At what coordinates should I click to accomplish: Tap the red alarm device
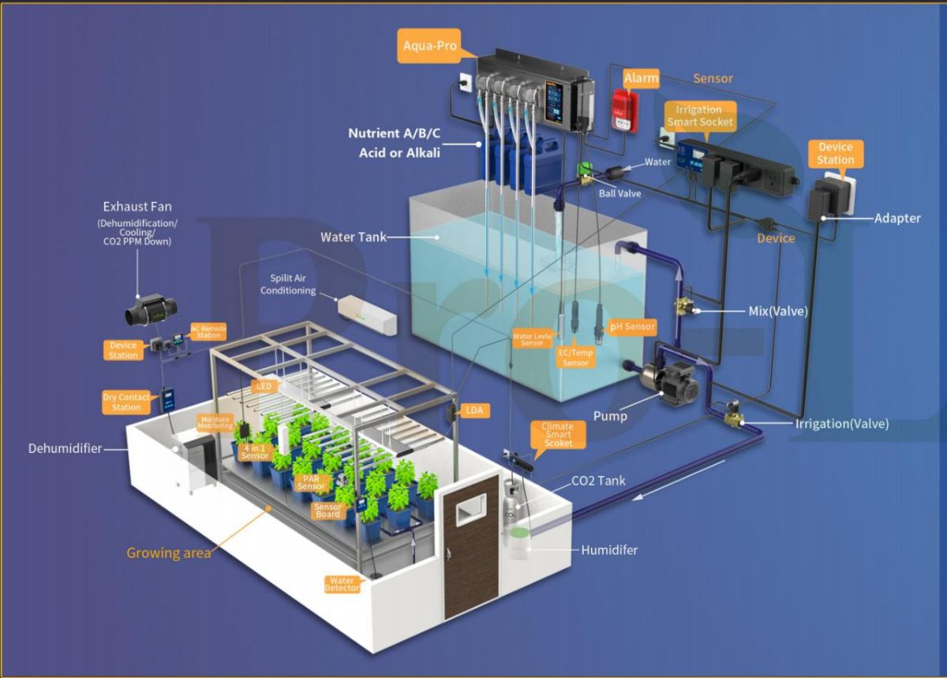click(x=624, y=110)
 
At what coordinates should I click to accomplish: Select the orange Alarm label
click(x=641, y=78)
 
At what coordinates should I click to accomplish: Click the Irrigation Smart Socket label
click(x=700, y=115)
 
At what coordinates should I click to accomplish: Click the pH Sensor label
click(x=632, y=326)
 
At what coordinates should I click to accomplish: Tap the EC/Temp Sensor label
click(x=575, y=358)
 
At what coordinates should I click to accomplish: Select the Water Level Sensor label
click(x=532, y=339)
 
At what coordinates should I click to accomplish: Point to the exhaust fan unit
click(x=148, y=310)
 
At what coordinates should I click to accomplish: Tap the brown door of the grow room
click(x=471, y=545)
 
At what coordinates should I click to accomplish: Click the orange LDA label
click(x=474, y=410)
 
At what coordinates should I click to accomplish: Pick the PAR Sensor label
click(x=310, y=482)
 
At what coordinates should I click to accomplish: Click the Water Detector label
click(x=342, y=584)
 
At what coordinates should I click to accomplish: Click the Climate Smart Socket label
click(x=557, y=435)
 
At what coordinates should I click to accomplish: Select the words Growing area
click(x=169, y=553)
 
